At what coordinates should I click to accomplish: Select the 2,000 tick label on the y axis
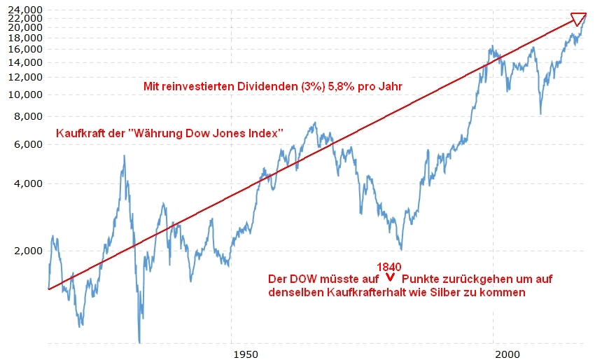click(25, 251)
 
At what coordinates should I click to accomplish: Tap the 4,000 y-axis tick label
click(25, 184)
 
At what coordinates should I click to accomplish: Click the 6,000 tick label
click(25, 144)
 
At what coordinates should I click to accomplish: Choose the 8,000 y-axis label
click(25, 117)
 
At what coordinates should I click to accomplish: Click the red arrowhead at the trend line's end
click(579, 18)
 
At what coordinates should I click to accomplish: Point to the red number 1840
click(388, 268)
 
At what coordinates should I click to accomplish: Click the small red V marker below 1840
click(389, 280)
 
